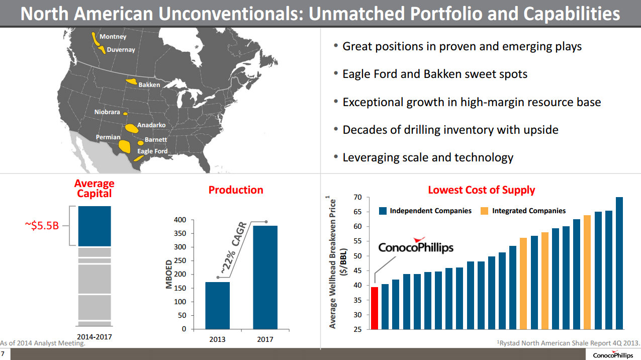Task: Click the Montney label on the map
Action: tap(113, 37)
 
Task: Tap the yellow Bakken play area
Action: tap(132, 81)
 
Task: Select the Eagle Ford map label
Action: tap(152, 151)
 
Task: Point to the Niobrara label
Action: tap(107, 112)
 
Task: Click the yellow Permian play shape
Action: tap(124, 146)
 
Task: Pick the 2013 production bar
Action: tap(217, 305)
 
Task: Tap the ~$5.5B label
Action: tap(42, 225)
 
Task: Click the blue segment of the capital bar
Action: tap(95, 226)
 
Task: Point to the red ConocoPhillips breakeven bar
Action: tap(374, 308)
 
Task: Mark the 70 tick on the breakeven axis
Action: tap(357, 197)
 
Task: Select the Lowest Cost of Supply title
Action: tap(481, 190)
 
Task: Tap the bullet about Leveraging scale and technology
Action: tap(427, 157)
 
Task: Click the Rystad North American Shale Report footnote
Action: tap(568, 342)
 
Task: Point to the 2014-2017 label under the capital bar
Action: tap(95, 336)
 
